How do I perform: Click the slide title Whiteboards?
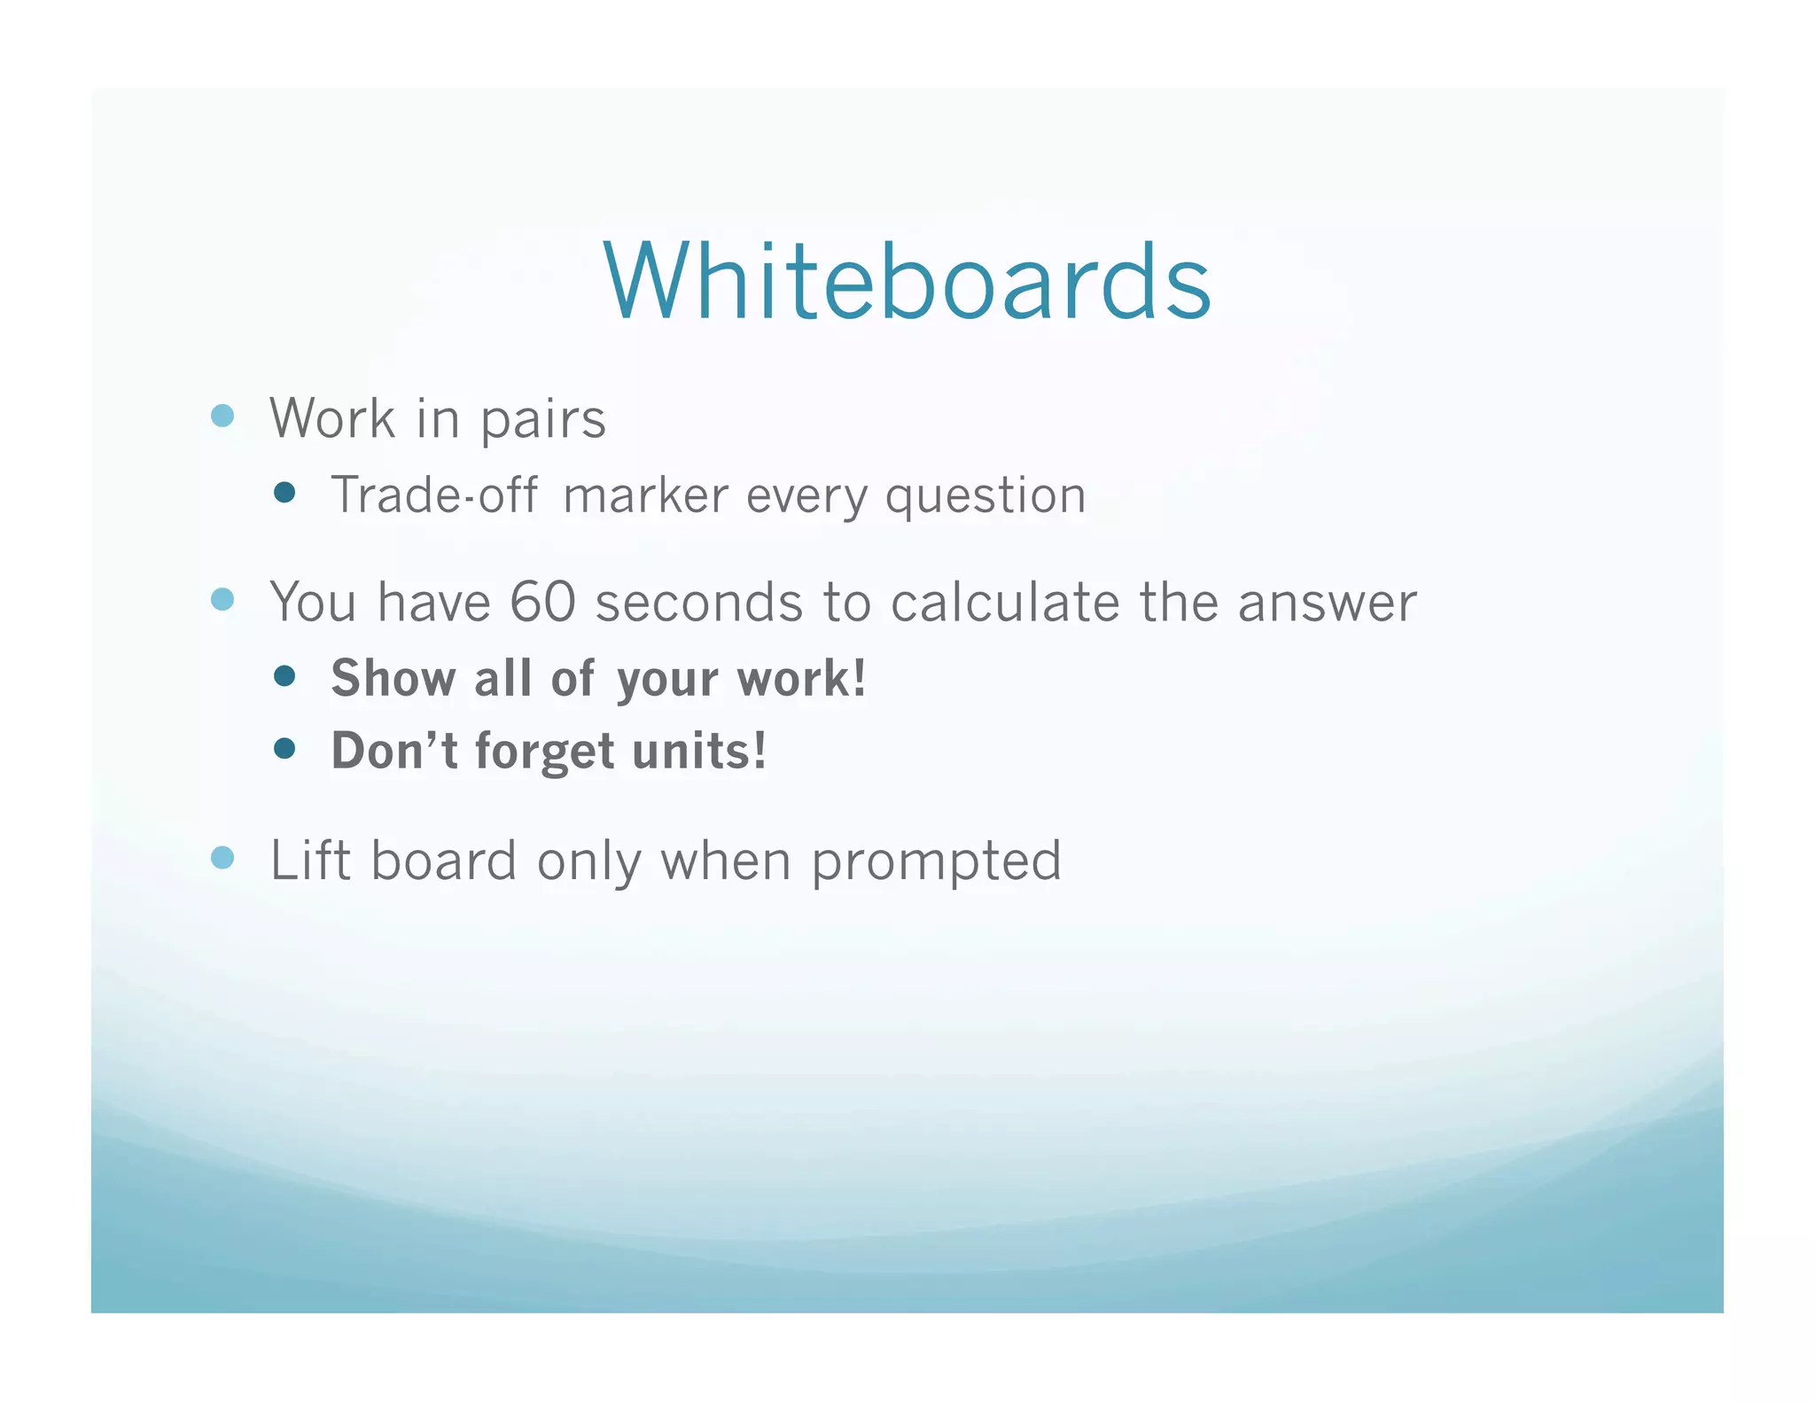[x=907, y=282]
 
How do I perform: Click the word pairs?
[x=542, y=419]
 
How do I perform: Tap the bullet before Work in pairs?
[x=222, y=416]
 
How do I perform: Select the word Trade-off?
[x=433, y=495]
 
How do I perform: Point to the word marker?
[x=645, y=496]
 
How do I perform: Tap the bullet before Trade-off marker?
[x=284, y=493]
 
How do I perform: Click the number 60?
[x=542, y=603]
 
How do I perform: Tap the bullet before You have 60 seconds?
[x=222, y=600]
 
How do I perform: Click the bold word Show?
[x=393, y=679]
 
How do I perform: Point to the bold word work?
[x=801, y=679]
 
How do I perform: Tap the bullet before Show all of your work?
[x=284, y=677]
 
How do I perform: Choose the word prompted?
[x=936, y=861]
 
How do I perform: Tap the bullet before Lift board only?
[x=222, y=858]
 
